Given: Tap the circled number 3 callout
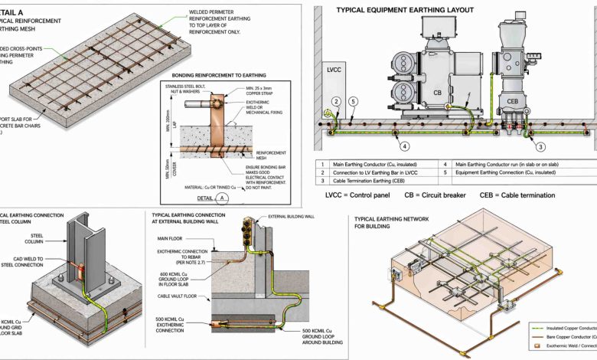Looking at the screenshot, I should pos(540,146).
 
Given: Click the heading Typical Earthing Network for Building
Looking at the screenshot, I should pos(390,224).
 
